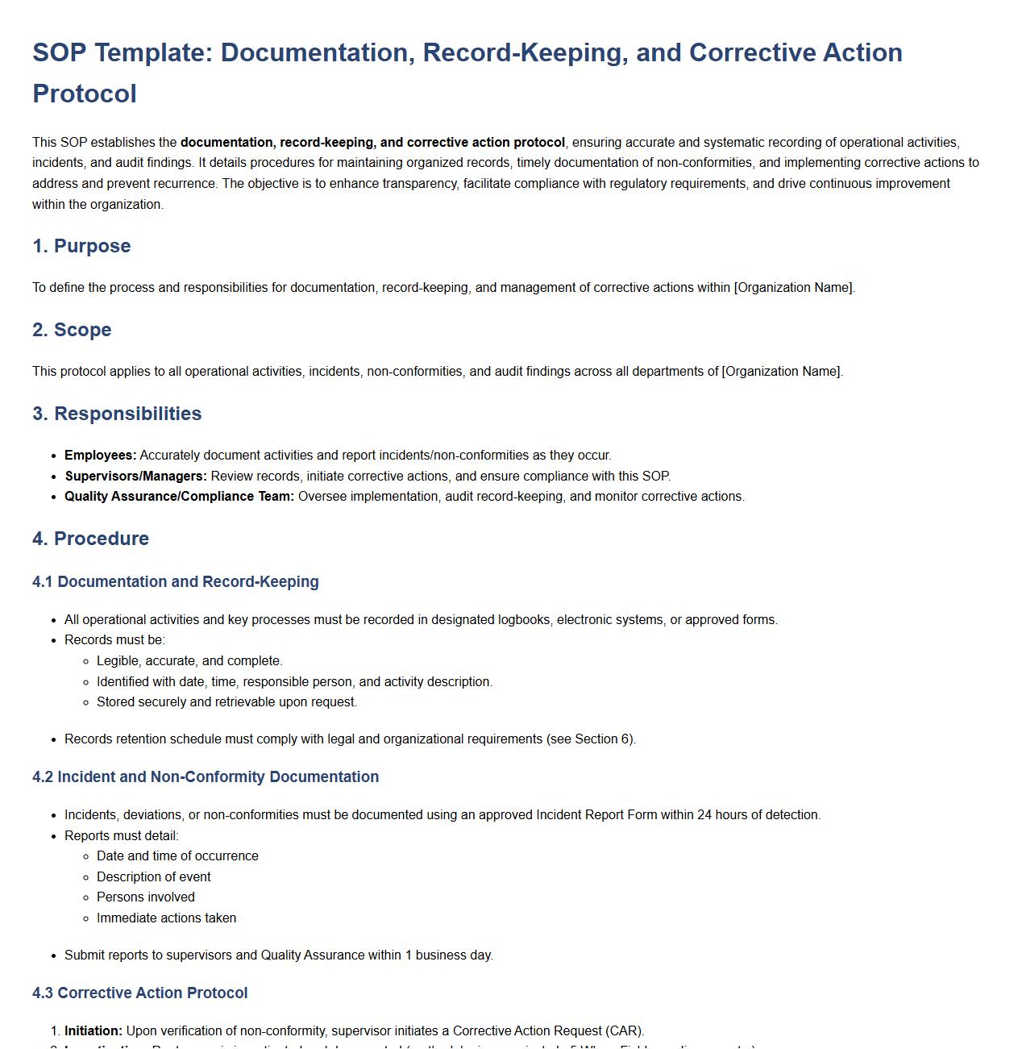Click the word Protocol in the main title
coord(85,94)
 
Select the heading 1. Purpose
coord(81,246)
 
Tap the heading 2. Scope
coord(72,330)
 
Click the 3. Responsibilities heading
coord(117,414)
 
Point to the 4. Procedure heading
coord(90,539)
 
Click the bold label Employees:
coord(101,456)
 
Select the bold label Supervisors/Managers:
coord(135,476)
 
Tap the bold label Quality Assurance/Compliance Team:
coord(179,497)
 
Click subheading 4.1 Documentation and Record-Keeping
coord(176,582)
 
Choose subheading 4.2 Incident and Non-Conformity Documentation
coord(206,777)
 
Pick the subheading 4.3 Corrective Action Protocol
coord(140,993)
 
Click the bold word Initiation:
coord(93,1031)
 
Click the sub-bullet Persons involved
coord(146,897)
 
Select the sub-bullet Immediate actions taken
coord(167,918)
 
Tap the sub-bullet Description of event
coord(154,877)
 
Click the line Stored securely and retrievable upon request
coord(226,702)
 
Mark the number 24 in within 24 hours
coord(704,815)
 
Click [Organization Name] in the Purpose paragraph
coord(793,288)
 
